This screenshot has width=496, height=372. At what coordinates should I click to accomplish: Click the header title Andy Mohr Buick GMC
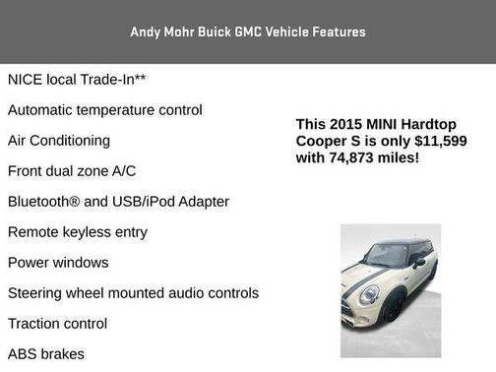point(247,31)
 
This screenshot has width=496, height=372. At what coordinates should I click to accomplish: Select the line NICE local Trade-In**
point(78,79)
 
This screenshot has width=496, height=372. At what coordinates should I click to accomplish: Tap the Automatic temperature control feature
point(105,109)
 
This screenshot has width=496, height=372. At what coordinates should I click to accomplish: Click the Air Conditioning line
point(59,140)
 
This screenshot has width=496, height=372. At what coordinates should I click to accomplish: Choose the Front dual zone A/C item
point(72,170)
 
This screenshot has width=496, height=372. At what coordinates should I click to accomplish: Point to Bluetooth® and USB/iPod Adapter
point(118,201)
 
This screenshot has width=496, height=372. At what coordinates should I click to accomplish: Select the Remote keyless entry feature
point(78,231)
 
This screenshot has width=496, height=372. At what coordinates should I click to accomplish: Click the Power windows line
point(58,262)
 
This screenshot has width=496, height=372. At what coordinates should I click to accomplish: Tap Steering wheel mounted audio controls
point(133,292)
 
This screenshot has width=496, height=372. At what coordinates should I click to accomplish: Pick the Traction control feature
point(57,323)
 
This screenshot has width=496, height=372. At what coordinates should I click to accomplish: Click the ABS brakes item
point(46,353)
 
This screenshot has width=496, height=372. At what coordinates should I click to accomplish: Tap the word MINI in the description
point(388,125)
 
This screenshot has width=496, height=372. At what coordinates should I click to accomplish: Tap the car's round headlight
point(369,293)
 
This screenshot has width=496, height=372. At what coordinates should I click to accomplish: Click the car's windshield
point(386,256)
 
